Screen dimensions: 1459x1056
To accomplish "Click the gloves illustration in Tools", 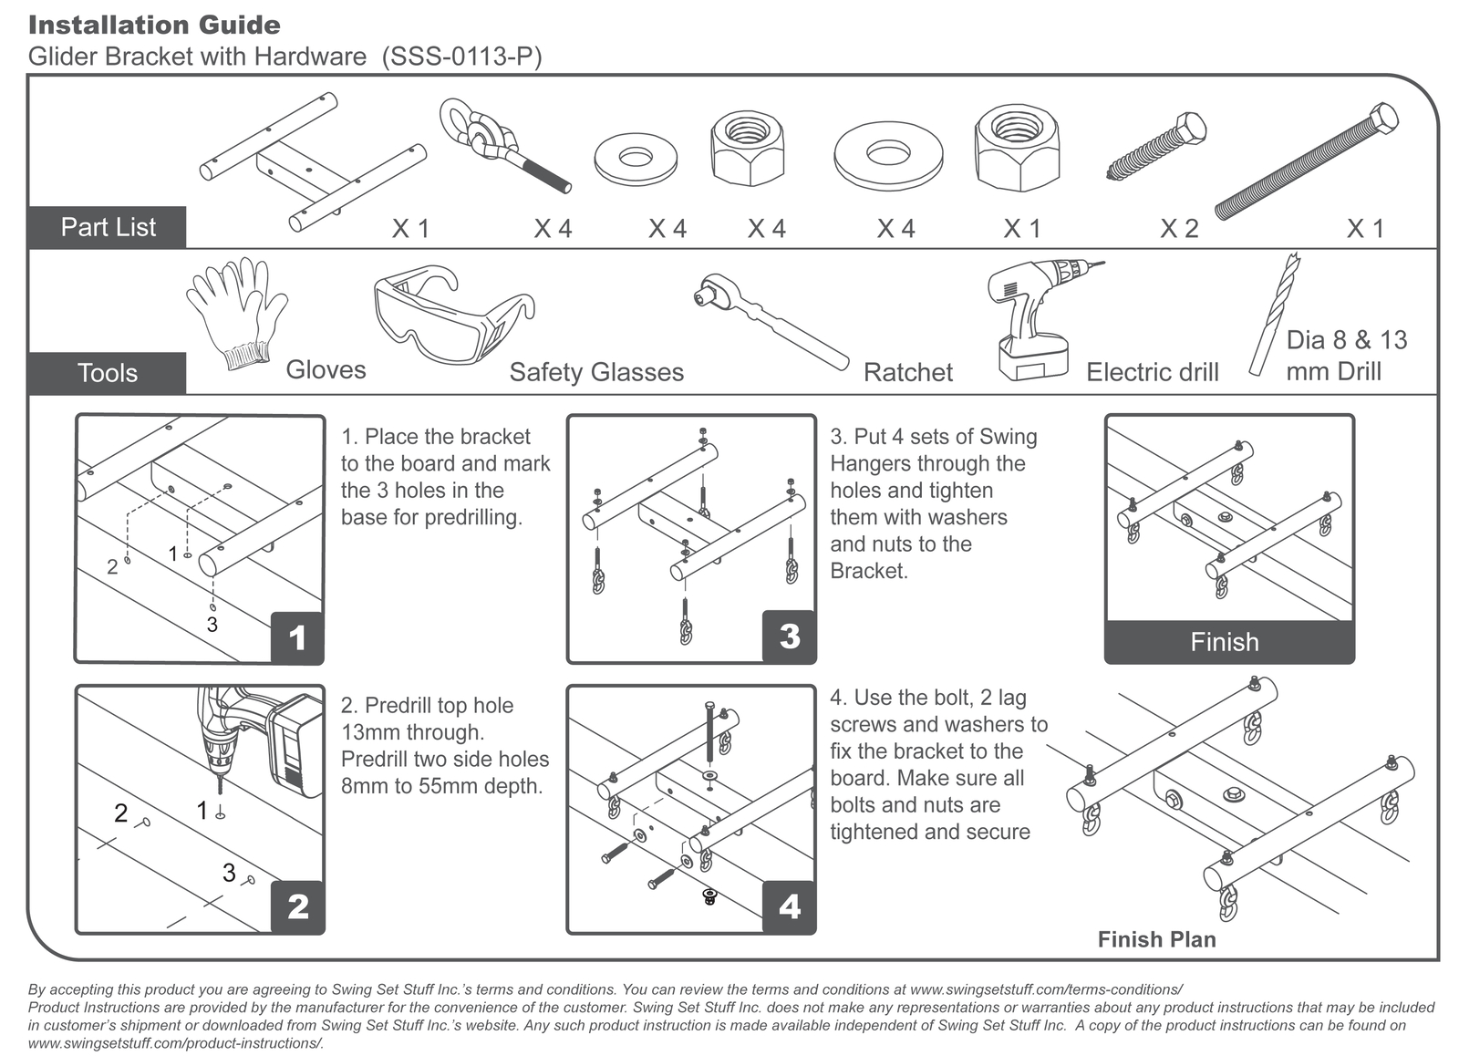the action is pos(236,314).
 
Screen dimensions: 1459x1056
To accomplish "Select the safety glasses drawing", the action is pos(454,315).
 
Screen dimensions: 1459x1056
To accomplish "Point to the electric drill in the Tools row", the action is pos(1036,319).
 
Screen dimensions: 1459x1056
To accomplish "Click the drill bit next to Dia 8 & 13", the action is pos(1274,314).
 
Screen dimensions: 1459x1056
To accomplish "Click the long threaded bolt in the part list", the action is pos(1306,160).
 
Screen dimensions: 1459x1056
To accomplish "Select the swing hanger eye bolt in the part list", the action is pos(505,145).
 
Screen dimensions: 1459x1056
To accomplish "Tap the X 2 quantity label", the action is pos(1179,229).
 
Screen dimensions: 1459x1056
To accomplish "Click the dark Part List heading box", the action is pos(108,227).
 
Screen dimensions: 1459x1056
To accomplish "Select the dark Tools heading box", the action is pos(108,373).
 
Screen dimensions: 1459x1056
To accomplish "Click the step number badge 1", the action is pos(297,637).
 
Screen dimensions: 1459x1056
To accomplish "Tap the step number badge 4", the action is pos(789,906).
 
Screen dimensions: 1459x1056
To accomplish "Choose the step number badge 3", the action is pos(789,637).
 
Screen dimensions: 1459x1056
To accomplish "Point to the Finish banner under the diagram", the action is pos(1229,642).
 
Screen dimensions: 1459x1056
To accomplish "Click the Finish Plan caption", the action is pos(1157,939).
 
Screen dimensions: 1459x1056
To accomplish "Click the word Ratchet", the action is pos(908,373).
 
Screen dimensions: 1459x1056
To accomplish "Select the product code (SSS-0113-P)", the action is pos(461,57).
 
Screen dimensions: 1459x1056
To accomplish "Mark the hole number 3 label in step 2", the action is pos(229,873).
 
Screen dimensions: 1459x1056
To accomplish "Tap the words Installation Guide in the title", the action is pos(154,26).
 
